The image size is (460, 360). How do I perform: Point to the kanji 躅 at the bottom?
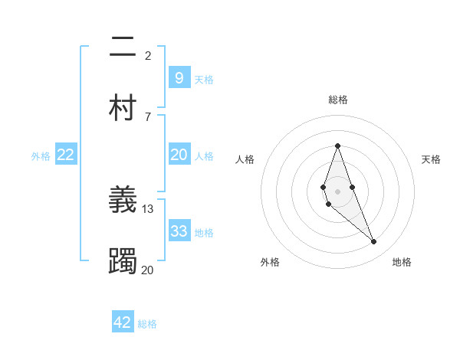click(x=123, y=262)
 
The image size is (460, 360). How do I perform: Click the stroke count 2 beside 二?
click(x=148, y=56)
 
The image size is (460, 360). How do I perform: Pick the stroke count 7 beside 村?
click(x=148, y=116)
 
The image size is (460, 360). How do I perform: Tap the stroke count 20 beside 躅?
click(x=148, y=270)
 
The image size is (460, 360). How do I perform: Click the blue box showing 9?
click(x=179, y=78)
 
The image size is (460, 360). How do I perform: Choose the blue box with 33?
click(x=179, y=231)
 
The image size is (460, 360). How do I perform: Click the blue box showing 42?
click(x=123, y=322)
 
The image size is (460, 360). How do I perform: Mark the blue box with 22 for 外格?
click(x=66, y=155)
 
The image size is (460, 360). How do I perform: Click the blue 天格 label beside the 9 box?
click(x=204, y=79)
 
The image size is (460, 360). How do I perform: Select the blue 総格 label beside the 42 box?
click(x=147, y=324)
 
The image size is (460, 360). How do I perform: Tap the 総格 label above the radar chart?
click(x=338, y=100)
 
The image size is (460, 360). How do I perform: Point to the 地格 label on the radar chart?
click(x=402, y=262)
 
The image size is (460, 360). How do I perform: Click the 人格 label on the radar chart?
click(x=245, y=159)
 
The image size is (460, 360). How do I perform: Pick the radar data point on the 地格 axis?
click(x=374, y=242)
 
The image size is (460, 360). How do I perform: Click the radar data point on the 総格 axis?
click(x=337, y=146)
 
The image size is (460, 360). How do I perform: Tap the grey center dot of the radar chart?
click(x=337, y=191)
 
